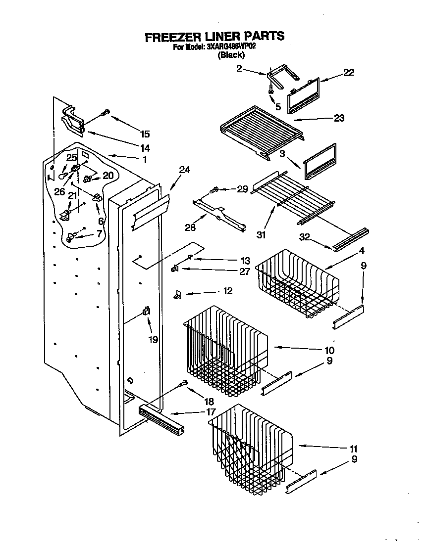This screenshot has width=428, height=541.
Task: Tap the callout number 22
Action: (349, 73)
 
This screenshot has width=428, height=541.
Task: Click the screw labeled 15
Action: (105, 113)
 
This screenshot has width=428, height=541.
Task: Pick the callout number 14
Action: (145, 148)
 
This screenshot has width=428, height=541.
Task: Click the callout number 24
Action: (184, 170)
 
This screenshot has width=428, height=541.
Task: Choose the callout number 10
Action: (329, 351)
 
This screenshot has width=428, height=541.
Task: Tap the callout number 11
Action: (353, 449)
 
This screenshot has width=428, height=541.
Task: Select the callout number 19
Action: (153, 340)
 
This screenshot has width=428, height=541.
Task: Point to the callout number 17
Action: (211, 411)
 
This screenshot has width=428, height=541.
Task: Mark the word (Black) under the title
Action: (231, 55)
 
